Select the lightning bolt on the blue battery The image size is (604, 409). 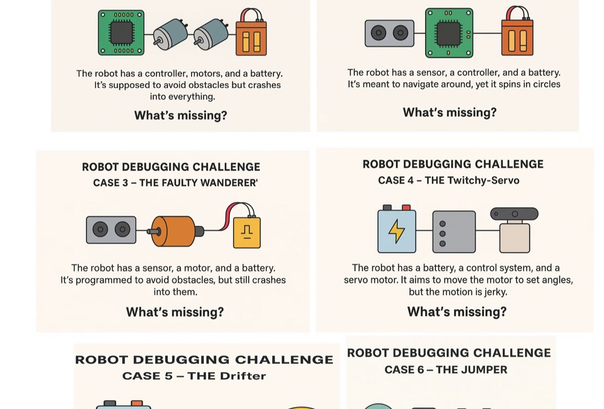[x=396, y=231]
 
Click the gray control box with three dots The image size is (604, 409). [x=454, y=232]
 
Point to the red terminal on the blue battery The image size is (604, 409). [x=406, y=207]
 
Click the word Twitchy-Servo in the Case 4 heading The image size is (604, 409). [x=472, y=180]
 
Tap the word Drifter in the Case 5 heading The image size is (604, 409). [x=243, y=376]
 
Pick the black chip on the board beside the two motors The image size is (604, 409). [x=122, y=33]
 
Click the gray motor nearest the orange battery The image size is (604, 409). [x=211, y=34]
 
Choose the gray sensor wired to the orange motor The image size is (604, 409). [x=111, y=230]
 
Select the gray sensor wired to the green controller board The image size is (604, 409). [x=389, y=33]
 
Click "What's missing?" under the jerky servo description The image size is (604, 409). [x=457, y=312]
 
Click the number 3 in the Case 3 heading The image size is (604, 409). [x=125, y=183]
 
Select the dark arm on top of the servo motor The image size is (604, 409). [x=514, y=214]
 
